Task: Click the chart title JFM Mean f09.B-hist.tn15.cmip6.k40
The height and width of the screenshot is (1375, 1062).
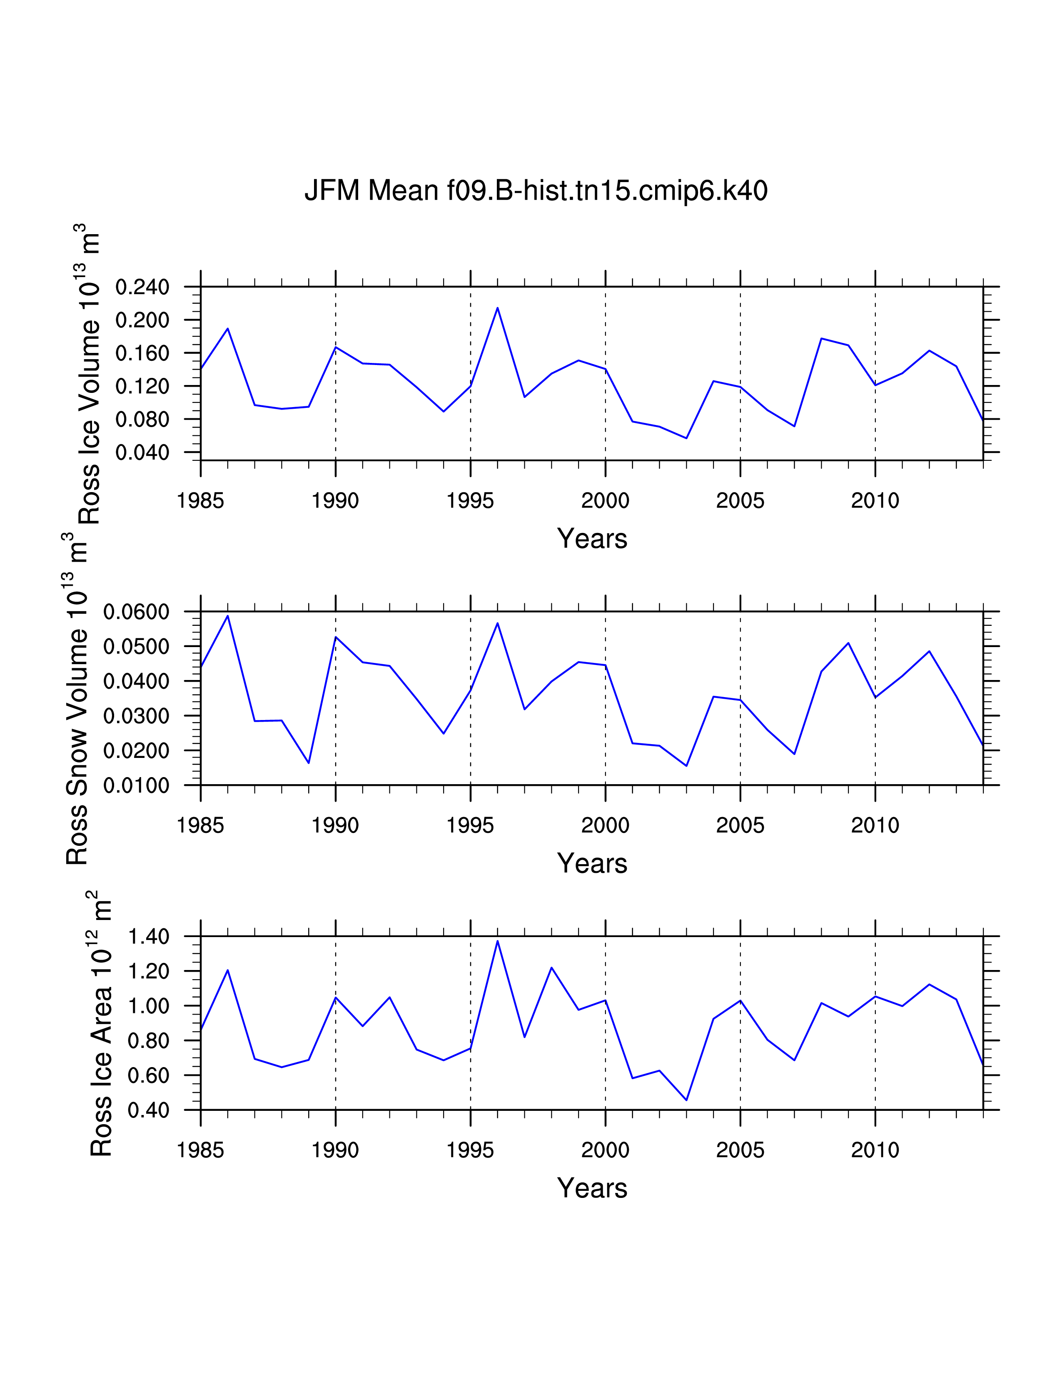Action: pos(536,190)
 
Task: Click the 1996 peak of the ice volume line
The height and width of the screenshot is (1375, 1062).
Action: pos(498,308)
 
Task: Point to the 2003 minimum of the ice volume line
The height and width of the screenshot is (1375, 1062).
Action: pos(686,438)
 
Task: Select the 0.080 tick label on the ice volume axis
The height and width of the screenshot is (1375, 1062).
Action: pos(142,419)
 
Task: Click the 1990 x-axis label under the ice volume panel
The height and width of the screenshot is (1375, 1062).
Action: pos(335,501)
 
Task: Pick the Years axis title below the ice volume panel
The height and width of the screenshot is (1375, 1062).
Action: pos(592,539)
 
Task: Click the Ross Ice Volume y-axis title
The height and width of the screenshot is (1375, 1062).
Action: pos(90,374)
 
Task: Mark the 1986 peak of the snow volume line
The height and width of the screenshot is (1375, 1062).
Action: pos(228,616)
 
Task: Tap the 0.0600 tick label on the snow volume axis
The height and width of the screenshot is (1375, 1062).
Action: pos(137,612)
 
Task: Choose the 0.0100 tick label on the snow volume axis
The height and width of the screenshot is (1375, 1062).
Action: pos(137,786)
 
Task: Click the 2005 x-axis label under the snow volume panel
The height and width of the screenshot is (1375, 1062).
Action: pos(740,825)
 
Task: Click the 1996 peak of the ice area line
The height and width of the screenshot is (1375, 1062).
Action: pos(498,941)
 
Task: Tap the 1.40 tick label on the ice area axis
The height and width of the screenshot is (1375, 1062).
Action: pos(149,937)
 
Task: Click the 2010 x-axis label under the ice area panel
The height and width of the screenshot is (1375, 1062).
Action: pos(875,1150)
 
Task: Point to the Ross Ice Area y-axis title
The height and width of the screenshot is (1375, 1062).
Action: pos(101,1023)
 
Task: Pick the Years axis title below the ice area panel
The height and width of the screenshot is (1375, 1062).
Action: pos(592,1188)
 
